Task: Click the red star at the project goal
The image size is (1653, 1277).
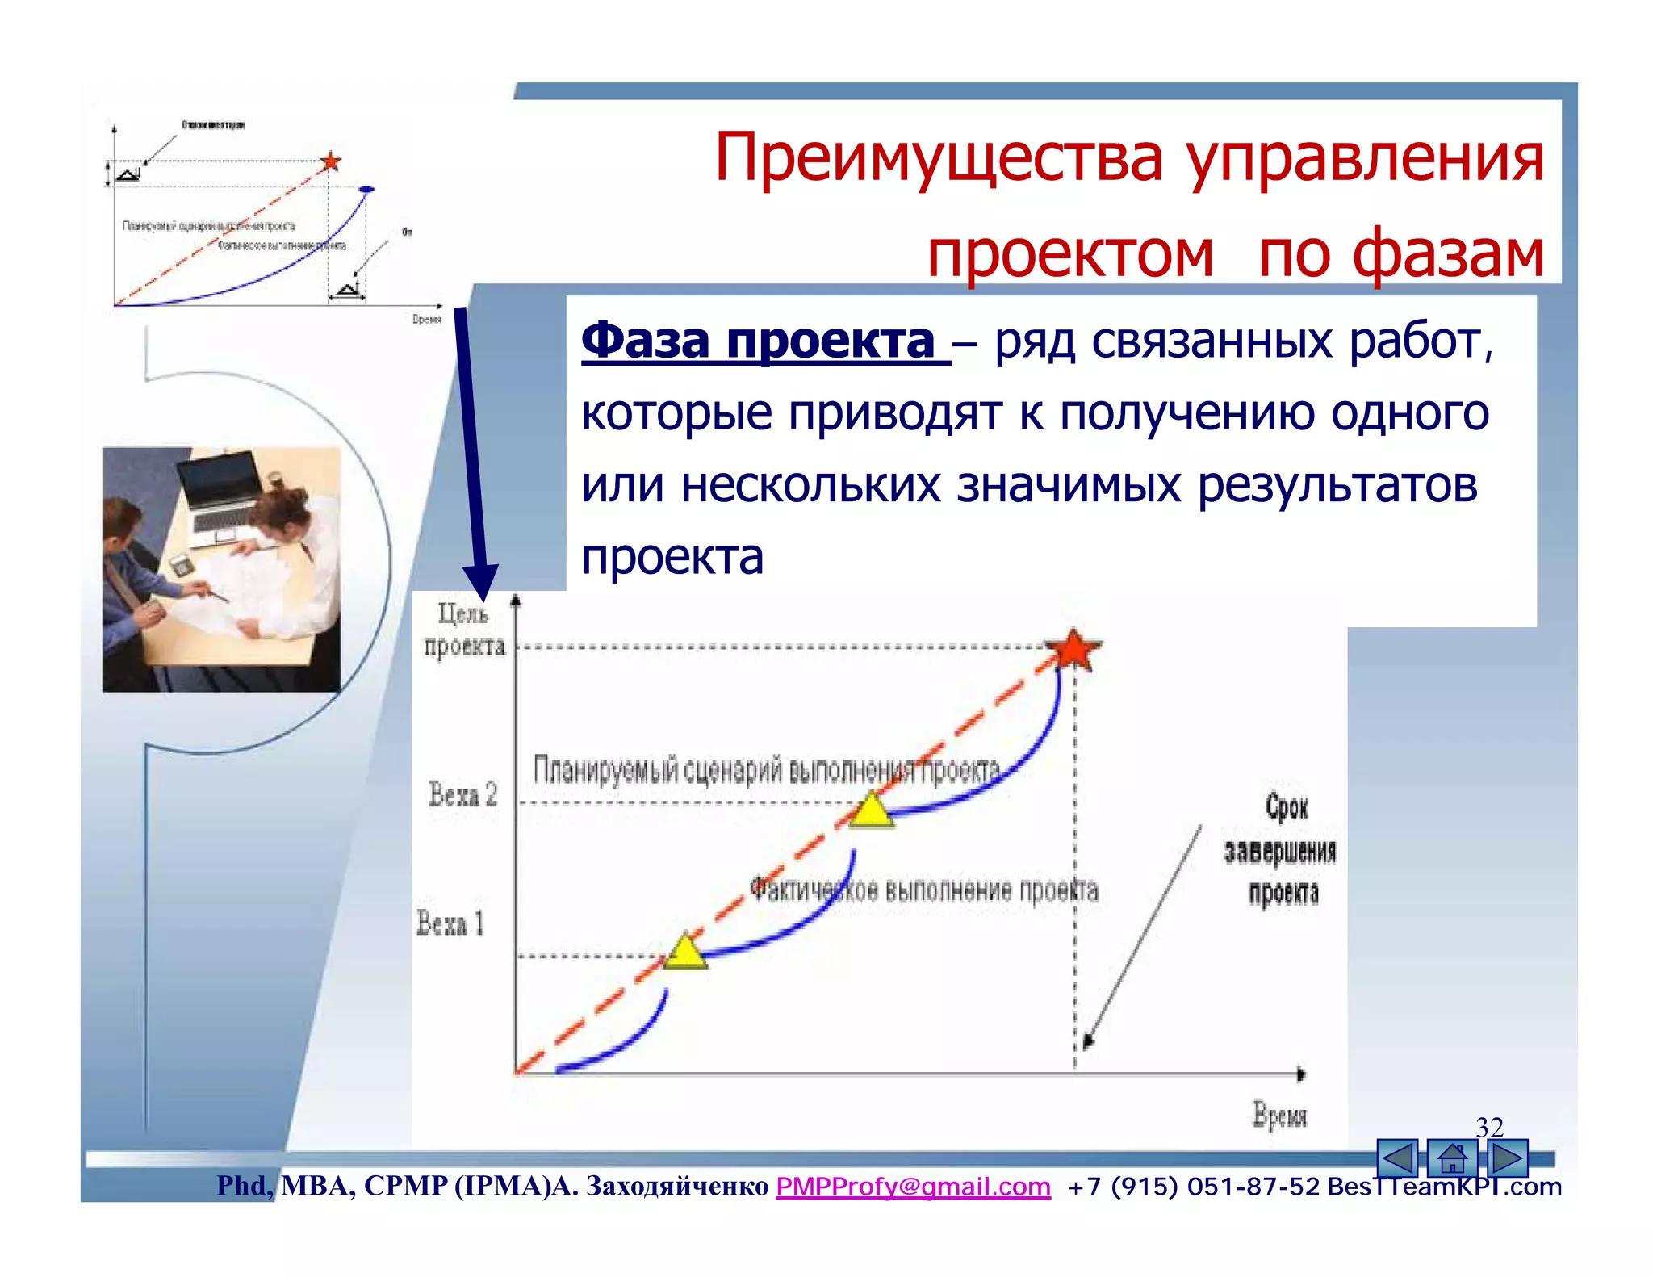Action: pos(1073,651)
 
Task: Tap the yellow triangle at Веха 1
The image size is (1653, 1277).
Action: pos(685,953)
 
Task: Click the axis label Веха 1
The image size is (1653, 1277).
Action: pos(450,923)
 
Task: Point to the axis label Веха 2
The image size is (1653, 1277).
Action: pos(462,795)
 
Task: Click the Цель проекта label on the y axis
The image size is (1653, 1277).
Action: pos(464,630)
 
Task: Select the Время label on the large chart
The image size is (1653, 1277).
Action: pos(1278,1116)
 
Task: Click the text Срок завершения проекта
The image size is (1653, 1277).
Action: pos(1282,850)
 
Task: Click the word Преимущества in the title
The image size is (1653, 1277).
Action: pos(938,158)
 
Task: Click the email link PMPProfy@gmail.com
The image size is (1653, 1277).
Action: pos(913,1186)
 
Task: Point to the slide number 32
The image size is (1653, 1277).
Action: pos(1489,1127)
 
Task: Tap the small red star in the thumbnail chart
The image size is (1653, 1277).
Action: pos(330,161)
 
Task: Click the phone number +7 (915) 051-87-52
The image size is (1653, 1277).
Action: pos(1193,1187)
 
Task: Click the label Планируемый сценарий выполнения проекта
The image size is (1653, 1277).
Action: pos(766,770)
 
